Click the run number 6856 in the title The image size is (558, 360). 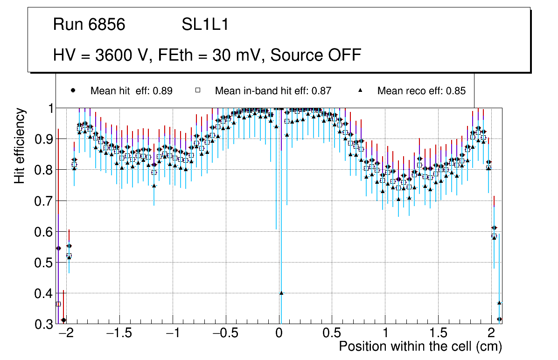coord(108,25)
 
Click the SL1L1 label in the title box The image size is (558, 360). coord(205,25)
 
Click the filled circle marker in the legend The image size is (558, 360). coord(73,90)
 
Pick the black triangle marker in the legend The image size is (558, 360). coord(360,90)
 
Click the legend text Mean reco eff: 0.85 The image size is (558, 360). coord(421,91)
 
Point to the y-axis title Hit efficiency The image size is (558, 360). coord(20,146)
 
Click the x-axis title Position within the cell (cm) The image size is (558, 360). coord(420,346)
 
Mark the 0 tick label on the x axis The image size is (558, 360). coord(279,334)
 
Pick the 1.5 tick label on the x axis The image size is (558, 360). coord(439,334)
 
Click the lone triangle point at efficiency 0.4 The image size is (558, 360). coord(281,293)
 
